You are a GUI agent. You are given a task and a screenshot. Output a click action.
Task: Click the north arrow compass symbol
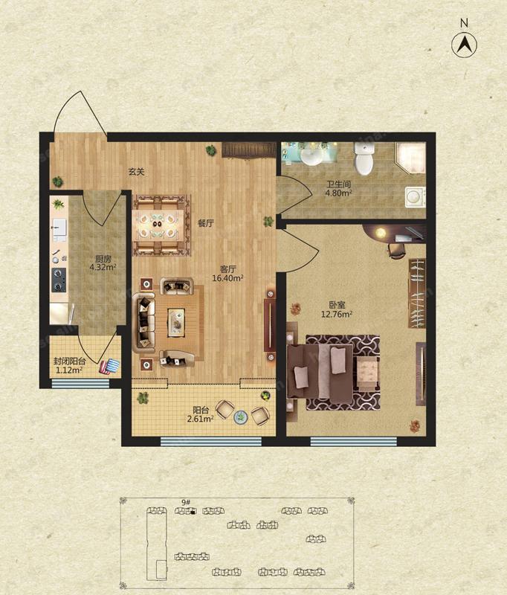tap(465, 45)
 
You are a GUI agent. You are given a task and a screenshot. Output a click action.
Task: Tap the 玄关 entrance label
tap(135, 172)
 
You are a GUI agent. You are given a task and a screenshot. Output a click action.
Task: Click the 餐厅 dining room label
tap(206, 223)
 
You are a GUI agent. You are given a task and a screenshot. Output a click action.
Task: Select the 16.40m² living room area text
tap(228, 278)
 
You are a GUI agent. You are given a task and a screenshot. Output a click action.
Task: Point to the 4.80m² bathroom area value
tap(338, 194)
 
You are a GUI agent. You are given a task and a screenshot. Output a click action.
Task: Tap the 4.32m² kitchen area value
tap(103, 267)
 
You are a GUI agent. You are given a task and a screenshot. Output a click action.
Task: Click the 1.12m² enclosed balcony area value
tap(69, 370)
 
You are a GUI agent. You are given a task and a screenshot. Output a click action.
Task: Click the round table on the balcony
tap(241, 418)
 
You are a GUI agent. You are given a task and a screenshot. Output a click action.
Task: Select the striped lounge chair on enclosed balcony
tap(109, 366)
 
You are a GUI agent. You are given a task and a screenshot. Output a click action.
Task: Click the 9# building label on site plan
tap(185, 503)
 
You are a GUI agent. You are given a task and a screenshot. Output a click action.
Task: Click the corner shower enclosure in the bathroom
tap(410, 157)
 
